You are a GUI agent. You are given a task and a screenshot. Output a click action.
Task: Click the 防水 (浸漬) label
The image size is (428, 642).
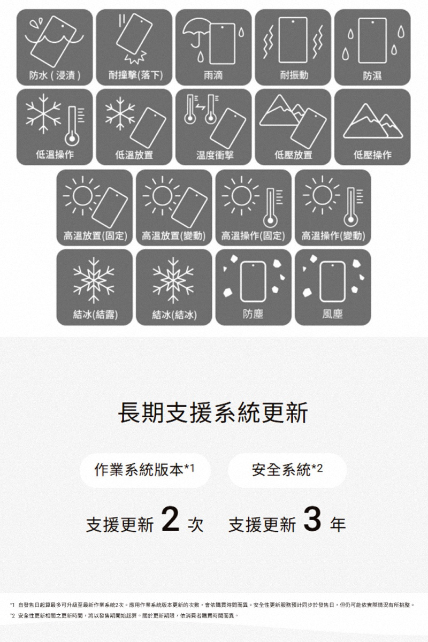pos(55,75)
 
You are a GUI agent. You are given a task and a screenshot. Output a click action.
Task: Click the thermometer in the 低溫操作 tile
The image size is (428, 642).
pos(72,126)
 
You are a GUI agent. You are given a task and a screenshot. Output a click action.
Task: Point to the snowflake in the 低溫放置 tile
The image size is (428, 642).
pos(120,113)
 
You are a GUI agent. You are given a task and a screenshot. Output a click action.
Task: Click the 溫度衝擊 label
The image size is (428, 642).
pos(215,155)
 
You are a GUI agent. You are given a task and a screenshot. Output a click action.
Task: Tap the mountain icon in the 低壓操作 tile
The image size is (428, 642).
pos(373,121)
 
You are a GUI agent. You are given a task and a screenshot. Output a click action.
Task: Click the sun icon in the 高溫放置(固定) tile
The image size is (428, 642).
pos(82,195)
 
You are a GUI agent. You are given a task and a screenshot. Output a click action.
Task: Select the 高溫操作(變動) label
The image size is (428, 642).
pos(333,235)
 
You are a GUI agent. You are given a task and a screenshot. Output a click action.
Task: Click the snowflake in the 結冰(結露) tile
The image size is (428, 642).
pos(94,280)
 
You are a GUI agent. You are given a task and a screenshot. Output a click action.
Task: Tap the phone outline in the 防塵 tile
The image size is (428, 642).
pos(253,281)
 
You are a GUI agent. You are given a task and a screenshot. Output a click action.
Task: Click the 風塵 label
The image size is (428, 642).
pos(332,314)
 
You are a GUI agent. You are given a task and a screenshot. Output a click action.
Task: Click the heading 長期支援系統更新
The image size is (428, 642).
pos(213,412)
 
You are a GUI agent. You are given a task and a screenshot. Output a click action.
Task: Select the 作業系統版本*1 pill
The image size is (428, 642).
pos(145,470)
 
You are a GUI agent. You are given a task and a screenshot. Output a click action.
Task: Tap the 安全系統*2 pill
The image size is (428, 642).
pos(287,470)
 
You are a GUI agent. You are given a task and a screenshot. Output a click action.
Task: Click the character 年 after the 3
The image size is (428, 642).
pos(338,524)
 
